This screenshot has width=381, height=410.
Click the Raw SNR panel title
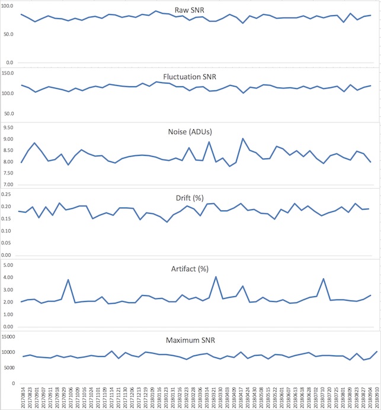(190, 11)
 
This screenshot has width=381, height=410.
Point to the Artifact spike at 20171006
(69, 280)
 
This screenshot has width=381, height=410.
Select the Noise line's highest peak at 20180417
(243, 138)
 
